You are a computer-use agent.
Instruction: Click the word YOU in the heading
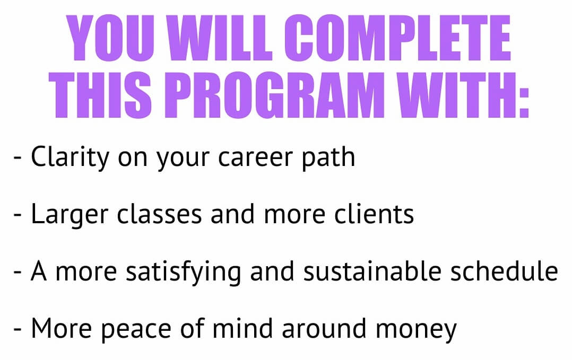[x=111, y=38]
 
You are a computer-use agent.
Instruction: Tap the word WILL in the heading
[x=220, y=38]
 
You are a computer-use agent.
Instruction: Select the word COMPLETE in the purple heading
[x=398, y=38]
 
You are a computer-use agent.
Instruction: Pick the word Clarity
[x=70, y=157]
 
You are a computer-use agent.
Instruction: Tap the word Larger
[x=70, y=215]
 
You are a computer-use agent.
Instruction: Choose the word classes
[x=159, y=214]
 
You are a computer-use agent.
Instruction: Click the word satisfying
[x=183, y=273]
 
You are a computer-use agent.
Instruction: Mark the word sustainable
[x=372, y=271]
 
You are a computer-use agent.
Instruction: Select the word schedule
[x=505, y=271]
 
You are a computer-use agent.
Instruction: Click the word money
[x=416, y=331]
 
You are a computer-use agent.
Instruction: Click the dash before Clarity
[x=18, y=159]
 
